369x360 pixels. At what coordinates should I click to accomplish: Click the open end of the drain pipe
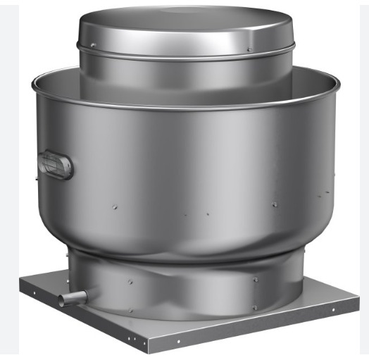tap(62, 301)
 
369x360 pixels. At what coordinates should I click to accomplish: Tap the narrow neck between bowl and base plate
tap(183, 282)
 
